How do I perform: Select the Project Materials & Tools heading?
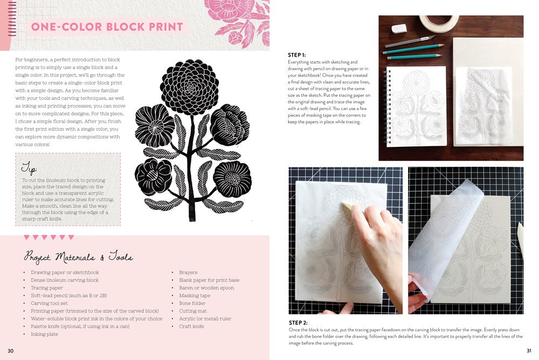[x=78, y=257]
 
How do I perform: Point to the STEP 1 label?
[x=297, y=55]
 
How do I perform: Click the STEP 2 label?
[x=298, y=323]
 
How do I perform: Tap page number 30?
[x=10, y=351]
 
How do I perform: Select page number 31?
[x=528, y=351]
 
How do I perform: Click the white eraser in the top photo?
[x=399, y=28]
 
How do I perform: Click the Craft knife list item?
[x=192, y=327]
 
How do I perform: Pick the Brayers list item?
[x=188, y=273]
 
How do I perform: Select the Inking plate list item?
[x=45, y=334]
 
